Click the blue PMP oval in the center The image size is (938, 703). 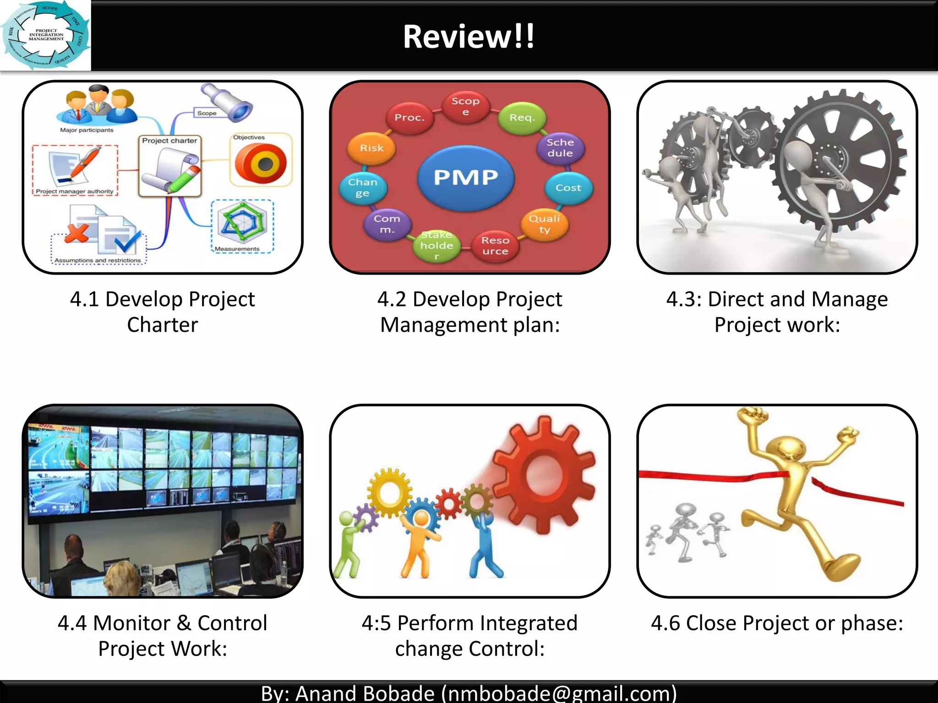pyautogui.click(x=465, y=178)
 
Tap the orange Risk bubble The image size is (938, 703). pyautogui.click(x=371, y=148)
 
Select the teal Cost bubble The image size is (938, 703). pyautogui.click(x=568, y=188)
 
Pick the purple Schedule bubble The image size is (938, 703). pyautogui.click(x=560, y=148)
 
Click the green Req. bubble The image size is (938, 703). pyautogui.click(x=522, y=118)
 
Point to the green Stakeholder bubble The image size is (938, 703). pyautogui.click(x=437, y=246)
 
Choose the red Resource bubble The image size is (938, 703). pyautogui.click(x=495, y=246)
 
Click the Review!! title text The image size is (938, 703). pyautogui.click(x=469, y=37)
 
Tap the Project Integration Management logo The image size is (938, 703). pyautogui.click(x=45, y=35)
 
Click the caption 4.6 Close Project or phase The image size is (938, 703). pyautogui.click(x=777, y=623)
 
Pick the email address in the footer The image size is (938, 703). pyautogui.click(x=559, y=693)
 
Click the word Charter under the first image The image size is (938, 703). pyautogui.click(x=162, y=325)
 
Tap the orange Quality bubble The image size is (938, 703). pyautogui.click(x=544, y=224)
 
